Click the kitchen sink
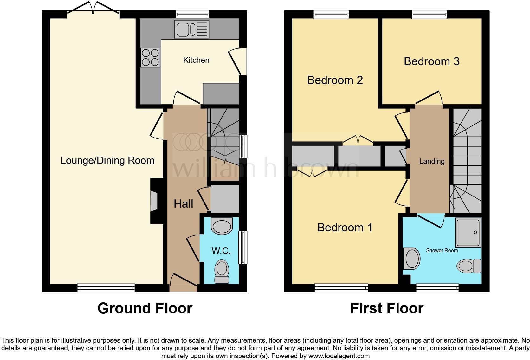191,29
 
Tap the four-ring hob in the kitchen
150,57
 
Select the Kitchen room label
196,60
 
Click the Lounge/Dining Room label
107,160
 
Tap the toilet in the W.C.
222,271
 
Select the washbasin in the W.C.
222,226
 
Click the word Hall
183,204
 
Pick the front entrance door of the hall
183,284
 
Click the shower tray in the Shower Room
468,232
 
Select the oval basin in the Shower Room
412,259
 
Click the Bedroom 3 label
431,61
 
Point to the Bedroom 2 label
335,80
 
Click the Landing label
432,161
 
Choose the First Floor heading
386,308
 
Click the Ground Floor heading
145,308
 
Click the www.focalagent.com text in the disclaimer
339,356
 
